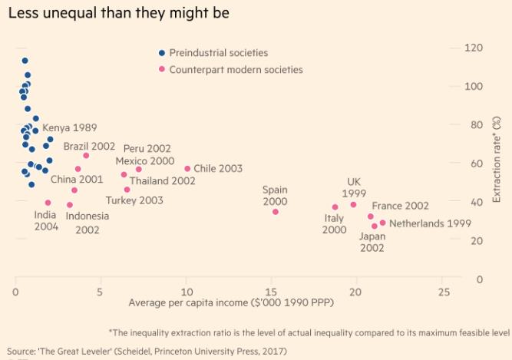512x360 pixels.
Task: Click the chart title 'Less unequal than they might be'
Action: click(x=117, y=14)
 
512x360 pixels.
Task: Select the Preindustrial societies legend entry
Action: click(x=218, y=53)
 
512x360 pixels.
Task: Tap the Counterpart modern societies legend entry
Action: click(x=236, y=69)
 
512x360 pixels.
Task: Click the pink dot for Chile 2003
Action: click(x=187, y=169)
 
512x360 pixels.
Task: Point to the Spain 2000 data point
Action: click(x=276, y=212)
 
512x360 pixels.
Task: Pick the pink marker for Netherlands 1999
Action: click(x=383, y=223)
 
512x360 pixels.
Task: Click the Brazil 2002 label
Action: click(x=89, y=145)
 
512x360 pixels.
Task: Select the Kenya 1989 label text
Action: click(x=70, y=127)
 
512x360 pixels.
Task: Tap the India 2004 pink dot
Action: click(x=48, y=203)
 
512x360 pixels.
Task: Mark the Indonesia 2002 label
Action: click(x=87, y=223)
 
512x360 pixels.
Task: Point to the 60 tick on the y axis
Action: click(x=476, y=163)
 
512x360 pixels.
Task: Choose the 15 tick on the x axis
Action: click(x=270, y=292)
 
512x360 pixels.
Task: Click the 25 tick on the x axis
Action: click(x=440, y=292)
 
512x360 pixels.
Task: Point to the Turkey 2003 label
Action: click(x=134, y=200)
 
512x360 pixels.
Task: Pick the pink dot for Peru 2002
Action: click(x=139, y=170)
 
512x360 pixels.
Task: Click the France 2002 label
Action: click(x=399, y=206)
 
